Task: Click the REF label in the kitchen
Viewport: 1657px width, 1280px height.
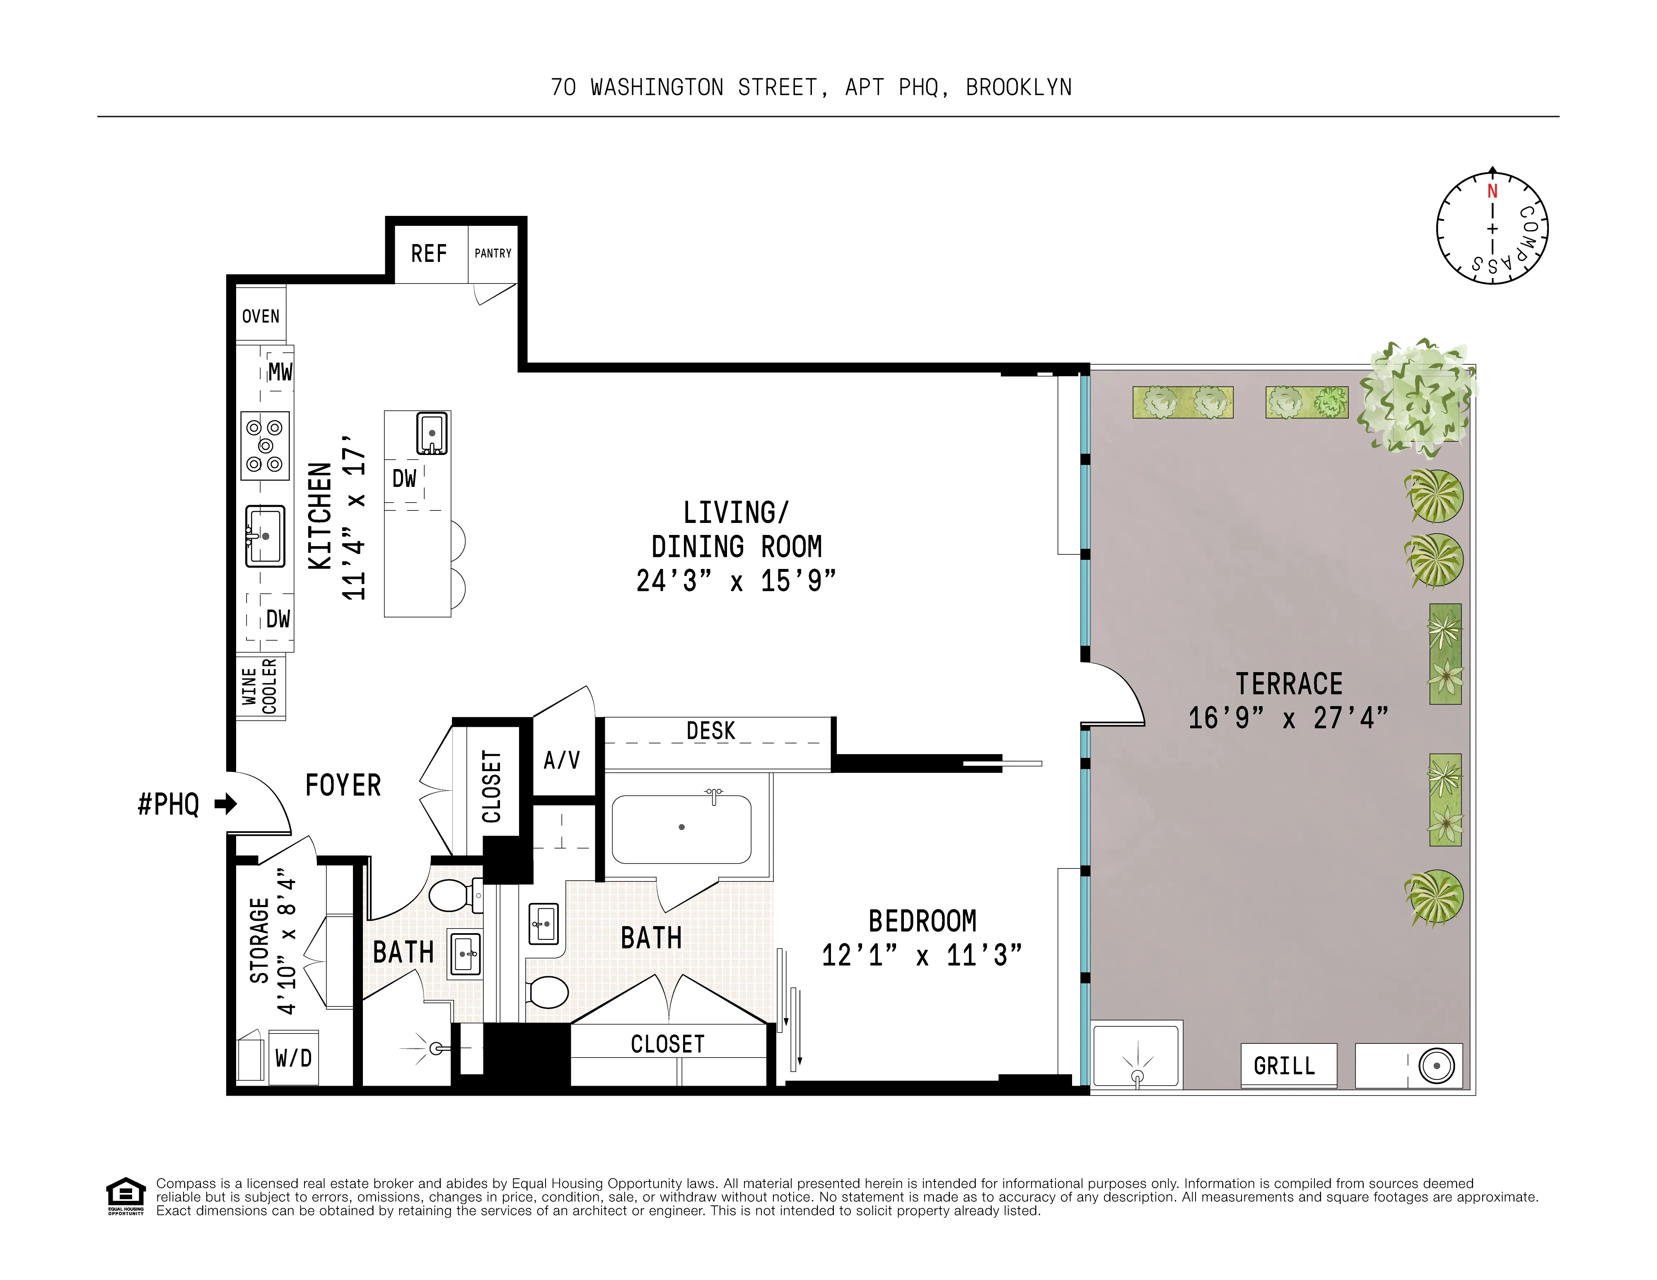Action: pyautogui.click(x=429, y=254)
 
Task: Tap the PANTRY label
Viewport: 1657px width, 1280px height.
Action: pyautogui.click(x=493, y=254)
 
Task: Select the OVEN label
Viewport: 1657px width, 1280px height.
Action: pyautogui.click(x=260, y=317)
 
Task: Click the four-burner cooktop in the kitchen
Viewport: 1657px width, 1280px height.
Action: pyautogui.click(x=265, y=445)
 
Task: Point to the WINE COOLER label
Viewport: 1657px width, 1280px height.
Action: pyautogui.click(x=259, y=687)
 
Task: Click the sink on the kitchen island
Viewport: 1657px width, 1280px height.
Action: pyautogui.click(x=432, y=433)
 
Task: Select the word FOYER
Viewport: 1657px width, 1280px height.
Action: pyautogui.click(x=343, y=785)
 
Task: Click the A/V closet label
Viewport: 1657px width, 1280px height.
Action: pyautogui.click(x=561, y=760)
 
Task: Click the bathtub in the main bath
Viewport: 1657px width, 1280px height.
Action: pyautogui.click(x=681, y=829)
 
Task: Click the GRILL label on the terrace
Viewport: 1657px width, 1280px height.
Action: pyautogui.click(x=1284, y=1066)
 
